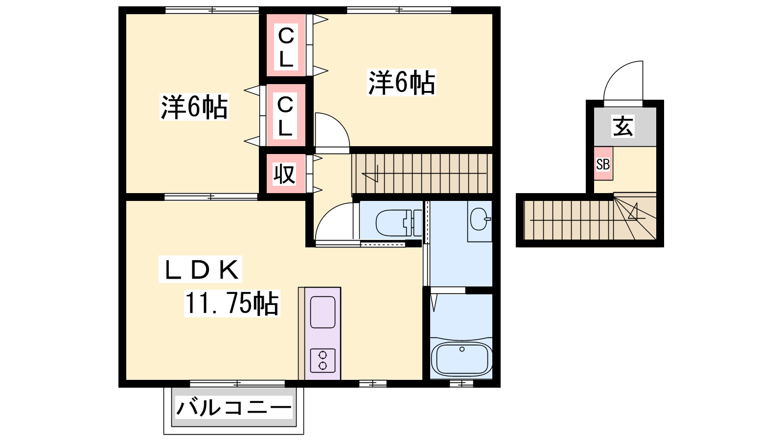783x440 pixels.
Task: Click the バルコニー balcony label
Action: tap(233, 407)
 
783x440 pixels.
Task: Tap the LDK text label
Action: tap(200, 269)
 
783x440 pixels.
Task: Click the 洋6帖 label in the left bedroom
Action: tap(194, 107)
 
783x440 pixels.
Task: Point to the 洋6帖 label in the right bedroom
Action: tap(402, 83)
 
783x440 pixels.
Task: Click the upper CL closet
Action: tap(286, 45)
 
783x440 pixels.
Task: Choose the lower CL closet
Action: tap(286, 115)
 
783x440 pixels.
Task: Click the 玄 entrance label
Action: tap(623, 127)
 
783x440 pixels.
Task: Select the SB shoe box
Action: tap(603, 163)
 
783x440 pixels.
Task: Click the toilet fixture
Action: tap(399, 222)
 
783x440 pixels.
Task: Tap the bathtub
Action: tap(462, 359)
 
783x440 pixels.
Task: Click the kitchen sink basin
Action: tap(322, 312)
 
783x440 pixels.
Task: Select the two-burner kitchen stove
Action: tap(322, 360)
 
